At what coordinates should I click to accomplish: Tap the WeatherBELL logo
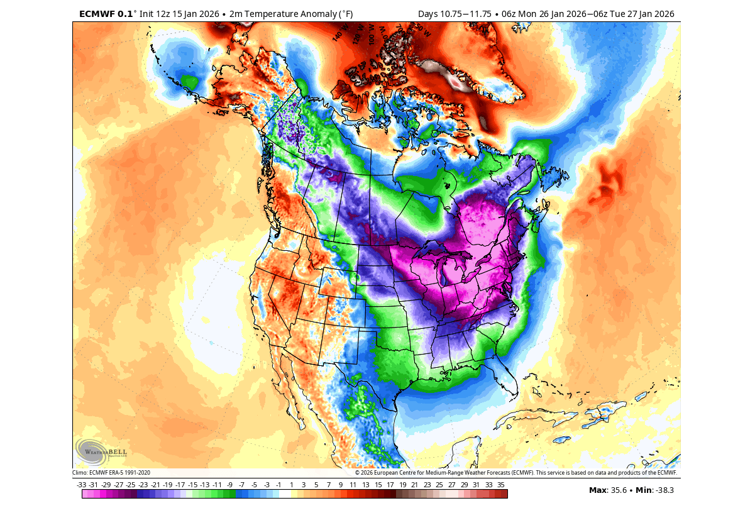click(101, 451)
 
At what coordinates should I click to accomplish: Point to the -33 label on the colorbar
click(82, 485)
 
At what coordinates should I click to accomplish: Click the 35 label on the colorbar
click(501, 485)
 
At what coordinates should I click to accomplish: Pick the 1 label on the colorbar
click(291, 485)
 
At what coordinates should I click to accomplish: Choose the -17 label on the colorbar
click(180, 485)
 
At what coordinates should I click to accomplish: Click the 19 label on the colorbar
click(402, 485)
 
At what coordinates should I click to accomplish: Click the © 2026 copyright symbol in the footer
click(357, 473)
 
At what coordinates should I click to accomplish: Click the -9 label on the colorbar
click(229, 485)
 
